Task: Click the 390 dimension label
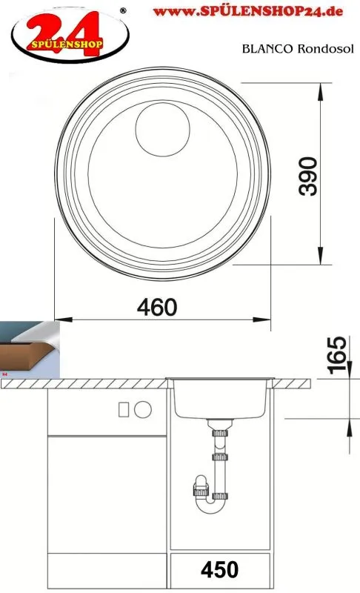[x=308, y=176]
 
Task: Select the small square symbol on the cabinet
[x=124, y=408]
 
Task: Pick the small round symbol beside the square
[x=142, y=408]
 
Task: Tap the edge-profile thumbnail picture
[x=30, y=349]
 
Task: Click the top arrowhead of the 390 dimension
[x=321, y=87]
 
